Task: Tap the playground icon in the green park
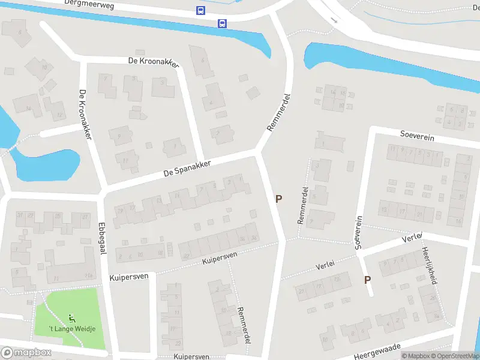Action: pyautogui.click(x=72, y=317)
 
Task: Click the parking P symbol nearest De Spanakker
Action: pyautogui.click(x=278, y=199)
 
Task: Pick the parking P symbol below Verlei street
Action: pyautogui.click(x=367, y=280)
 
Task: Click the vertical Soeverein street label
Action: pyautogui.click(x=359, y=233)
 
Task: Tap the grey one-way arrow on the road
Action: pyautogui.click(x=334, y=20)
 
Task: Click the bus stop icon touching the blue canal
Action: pyautogui.click(x=222, y=24)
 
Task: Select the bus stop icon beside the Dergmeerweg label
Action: pyautogui.click(x=200, y=10)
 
